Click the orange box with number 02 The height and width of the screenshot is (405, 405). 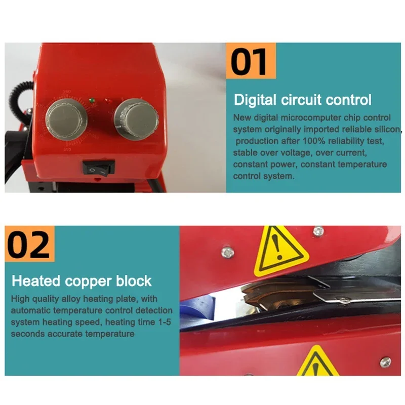click(29, 244)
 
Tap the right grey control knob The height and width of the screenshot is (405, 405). click(134, 117)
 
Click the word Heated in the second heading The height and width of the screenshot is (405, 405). click(36, 280)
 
